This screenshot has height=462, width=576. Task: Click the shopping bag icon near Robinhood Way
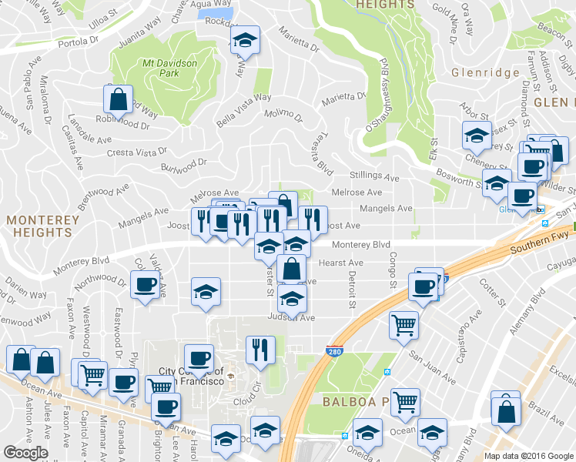click(117, 99)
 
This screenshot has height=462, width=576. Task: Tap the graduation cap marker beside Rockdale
click(245, 40)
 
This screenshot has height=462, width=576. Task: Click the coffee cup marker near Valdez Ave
click(144, 285)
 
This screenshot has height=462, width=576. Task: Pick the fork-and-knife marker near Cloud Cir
click(260, 350)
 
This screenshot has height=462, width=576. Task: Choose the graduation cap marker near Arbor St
click(477, 136)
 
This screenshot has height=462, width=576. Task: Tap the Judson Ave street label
click(292, 317)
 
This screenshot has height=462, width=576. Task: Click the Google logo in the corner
click(25, 453)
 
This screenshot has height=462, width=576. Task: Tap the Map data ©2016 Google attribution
click(527, 456)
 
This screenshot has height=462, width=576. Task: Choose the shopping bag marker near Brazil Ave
click(505, 411)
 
